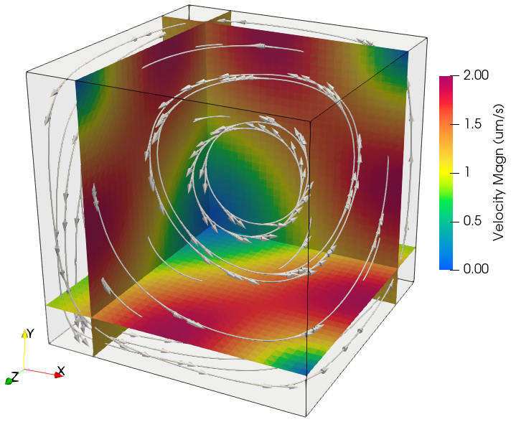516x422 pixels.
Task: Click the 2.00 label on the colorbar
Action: [x=477, y=75]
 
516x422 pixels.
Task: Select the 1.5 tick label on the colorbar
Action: [x=472, y=124]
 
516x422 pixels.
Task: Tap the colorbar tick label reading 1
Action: [x=466, y=172]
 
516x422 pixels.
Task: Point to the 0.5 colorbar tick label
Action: [x=472, y=221]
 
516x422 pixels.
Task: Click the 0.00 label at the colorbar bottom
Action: [x=477, y=269]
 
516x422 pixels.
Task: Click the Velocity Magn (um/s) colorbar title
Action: [x=498, y=172]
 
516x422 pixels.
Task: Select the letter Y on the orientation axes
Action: [x=31, y=334]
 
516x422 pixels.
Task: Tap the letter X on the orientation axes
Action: [x=61, y=371]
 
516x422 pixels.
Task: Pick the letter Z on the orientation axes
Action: [x=15, y=376]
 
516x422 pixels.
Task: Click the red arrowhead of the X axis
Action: [x=60, y=375]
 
